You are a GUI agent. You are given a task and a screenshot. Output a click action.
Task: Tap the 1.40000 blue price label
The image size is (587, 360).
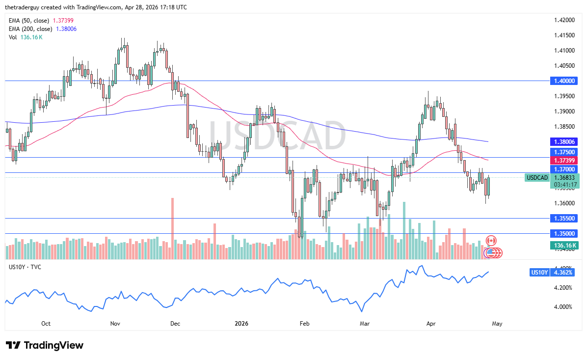pos(564,81)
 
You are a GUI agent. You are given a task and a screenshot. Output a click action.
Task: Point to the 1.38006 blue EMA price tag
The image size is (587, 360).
pos(564,141)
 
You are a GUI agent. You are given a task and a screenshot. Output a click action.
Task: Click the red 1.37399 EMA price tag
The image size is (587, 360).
pos(564,160)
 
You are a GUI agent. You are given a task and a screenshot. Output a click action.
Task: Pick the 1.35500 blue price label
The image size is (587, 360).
pos(564,218)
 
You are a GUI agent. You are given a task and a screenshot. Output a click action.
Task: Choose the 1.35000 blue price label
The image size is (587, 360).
pos(564,233)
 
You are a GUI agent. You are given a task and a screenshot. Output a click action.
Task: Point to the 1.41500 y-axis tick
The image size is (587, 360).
pos(564,35)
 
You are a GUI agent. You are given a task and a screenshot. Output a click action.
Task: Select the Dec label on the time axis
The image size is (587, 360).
pos(175,324)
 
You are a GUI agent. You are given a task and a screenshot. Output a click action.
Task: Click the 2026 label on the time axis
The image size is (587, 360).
pos(241,324)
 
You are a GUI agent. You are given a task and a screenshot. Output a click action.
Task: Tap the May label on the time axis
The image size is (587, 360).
pos(497,324)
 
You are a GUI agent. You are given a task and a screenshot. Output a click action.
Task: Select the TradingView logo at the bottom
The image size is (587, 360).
pos(45,345)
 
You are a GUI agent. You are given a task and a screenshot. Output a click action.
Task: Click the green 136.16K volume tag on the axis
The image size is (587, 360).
pos(564,245)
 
